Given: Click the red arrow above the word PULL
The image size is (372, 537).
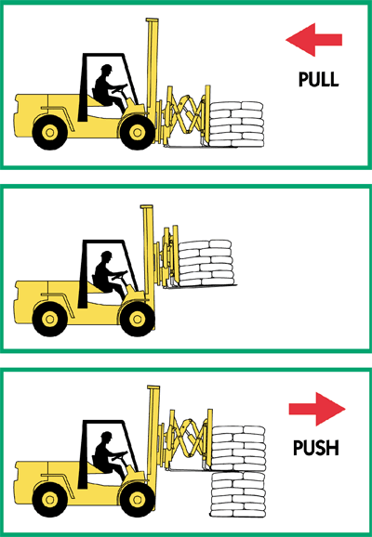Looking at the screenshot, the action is (313, 40).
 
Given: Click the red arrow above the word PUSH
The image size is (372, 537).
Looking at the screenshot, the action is (317, 409).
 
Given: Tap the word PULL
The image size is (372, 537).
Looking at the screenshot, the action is (318, 80).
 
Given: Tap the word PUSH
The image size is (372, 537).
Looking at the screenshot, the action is (316, 448).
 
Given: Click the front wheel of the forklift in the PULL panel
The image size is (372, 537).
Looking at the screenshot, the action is (138, 132).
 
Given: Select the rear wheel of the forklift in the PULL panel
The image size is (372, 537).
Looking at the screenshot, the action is (49, 132).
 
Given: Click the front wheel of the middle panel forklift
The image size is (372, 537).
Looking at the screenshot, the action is (138, 320).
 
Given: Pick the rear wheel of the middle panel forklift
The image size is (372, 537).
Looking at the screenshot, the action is (49, 320).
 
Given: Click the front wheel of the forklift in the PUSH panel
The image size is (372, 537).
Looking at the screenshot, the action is (138, 500).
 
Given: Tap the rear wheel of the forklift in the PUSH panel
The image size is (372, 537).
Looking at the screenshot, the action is (49, 500).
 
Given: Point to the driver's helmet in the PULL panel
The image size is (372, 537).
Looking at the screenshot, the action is (107, 68).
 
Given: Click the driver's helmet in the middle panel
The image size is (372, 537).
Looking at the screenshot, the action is (107, 255).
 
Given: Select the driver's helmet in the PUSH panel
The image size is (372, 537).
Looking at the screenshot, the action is (107, 435).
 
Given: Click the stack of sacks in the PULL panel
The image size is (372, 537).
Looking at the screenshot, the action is (236, 124).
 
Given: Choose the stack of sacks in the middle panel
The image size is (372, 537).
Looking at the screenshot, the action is (206, 263).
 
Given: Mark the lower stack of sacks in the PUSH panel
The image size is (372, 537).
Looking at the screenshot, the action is (238, 494).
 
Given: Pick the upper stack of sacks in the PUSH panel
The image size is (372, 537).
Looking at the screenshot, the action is (239, 449).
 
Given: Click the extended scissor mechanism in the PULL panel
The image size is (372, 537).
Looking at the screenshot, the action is (185, 115).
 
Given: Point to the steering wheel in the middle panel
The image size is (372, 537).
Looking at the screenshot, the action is (120, 274).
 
